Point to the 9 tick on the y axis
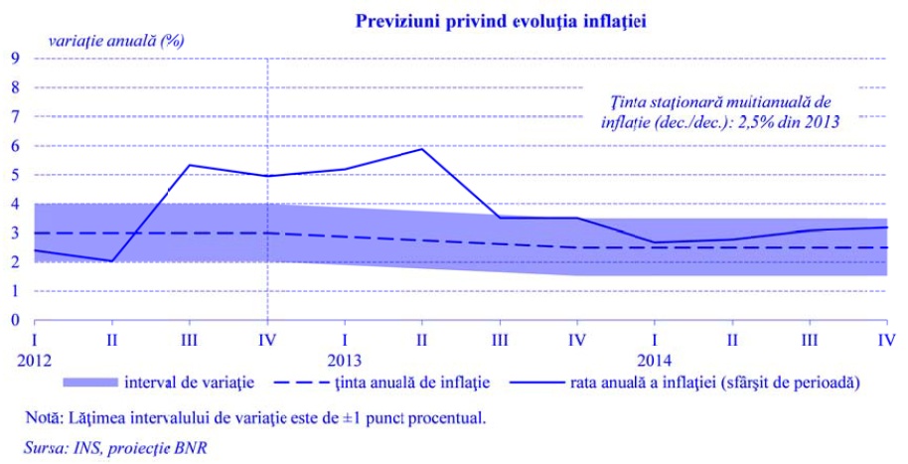16,58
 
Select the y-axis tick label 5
16,175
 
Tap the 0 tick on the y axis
16,321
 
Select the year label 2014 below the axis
655,359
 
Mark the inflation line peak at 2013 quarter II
422,149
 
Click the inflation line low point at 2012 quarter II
113,260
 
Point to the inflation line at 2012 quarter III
190,165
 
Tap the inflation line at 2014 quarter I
655,242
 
